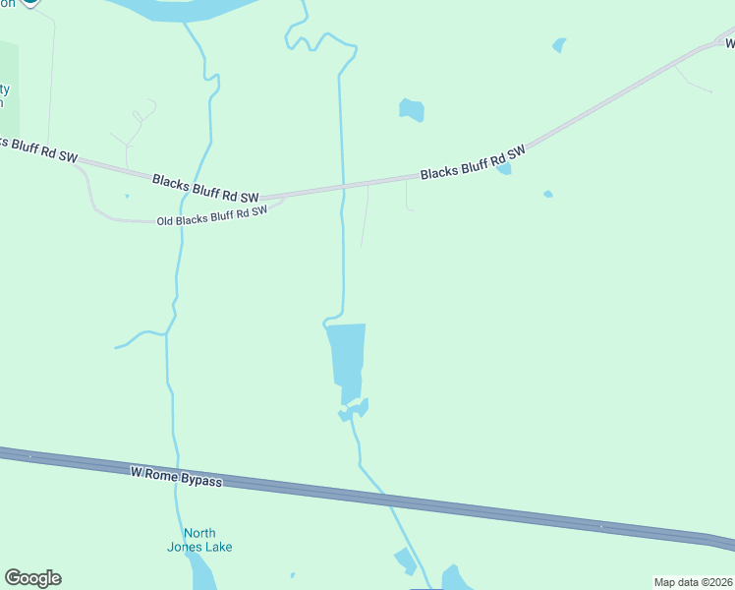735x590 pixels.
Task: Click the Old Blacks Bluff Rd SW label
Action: click(x=212, y=215)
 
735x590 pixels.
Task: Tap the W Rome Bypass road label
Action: click(x=176, y=477)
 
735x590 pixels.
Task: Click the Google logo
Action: click(x=32, y=578)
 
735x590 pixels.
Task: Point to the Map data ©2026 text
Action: click(x=693, y=582)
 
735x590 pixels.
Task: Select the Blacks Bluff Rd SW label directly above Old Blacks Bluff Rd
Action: click(x=204, y=187)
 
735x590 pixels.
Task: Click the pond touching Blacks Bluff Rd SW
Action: click(x=504, y=169)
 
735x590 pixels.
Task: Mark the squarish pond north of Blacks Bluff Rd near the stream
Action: click(x=412, y=109)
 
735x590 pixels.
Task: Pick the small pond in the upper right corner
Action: click(x=559, y=44)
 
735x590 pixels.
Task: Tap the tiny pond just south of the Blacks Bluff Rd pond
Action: click(x=547, y=194)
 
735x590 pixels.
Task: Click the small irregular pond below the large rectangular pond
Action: click(x=354, y=409)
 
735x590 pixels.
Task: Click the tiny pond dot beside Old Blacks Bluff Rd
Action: click(x=127, y=196)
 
